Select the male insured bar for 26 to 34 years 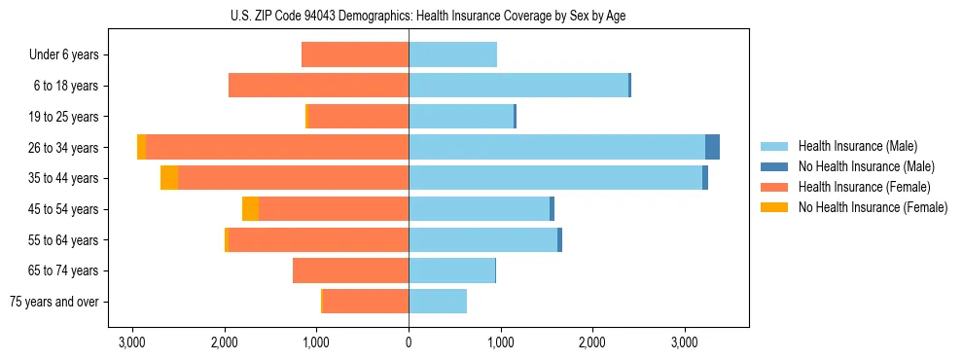556,147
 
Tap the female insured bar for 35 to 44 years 293,178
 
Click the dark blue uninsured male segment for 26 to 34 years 712,147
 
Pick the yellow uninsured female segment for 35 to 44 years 169,178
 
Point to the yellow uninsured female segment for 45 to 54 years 250,209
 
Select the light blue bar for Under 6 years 452,54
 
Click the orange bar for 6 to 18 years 318,86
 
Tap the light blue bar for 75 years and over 438,302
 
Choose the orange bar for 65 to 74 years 350,270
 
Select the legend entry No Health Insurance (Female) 873,207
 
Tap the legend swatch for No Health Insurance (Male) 774,166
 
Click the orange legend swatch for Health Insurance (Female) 774,187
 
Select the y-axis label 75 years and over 54,302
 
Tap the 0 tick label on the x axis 409,342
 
